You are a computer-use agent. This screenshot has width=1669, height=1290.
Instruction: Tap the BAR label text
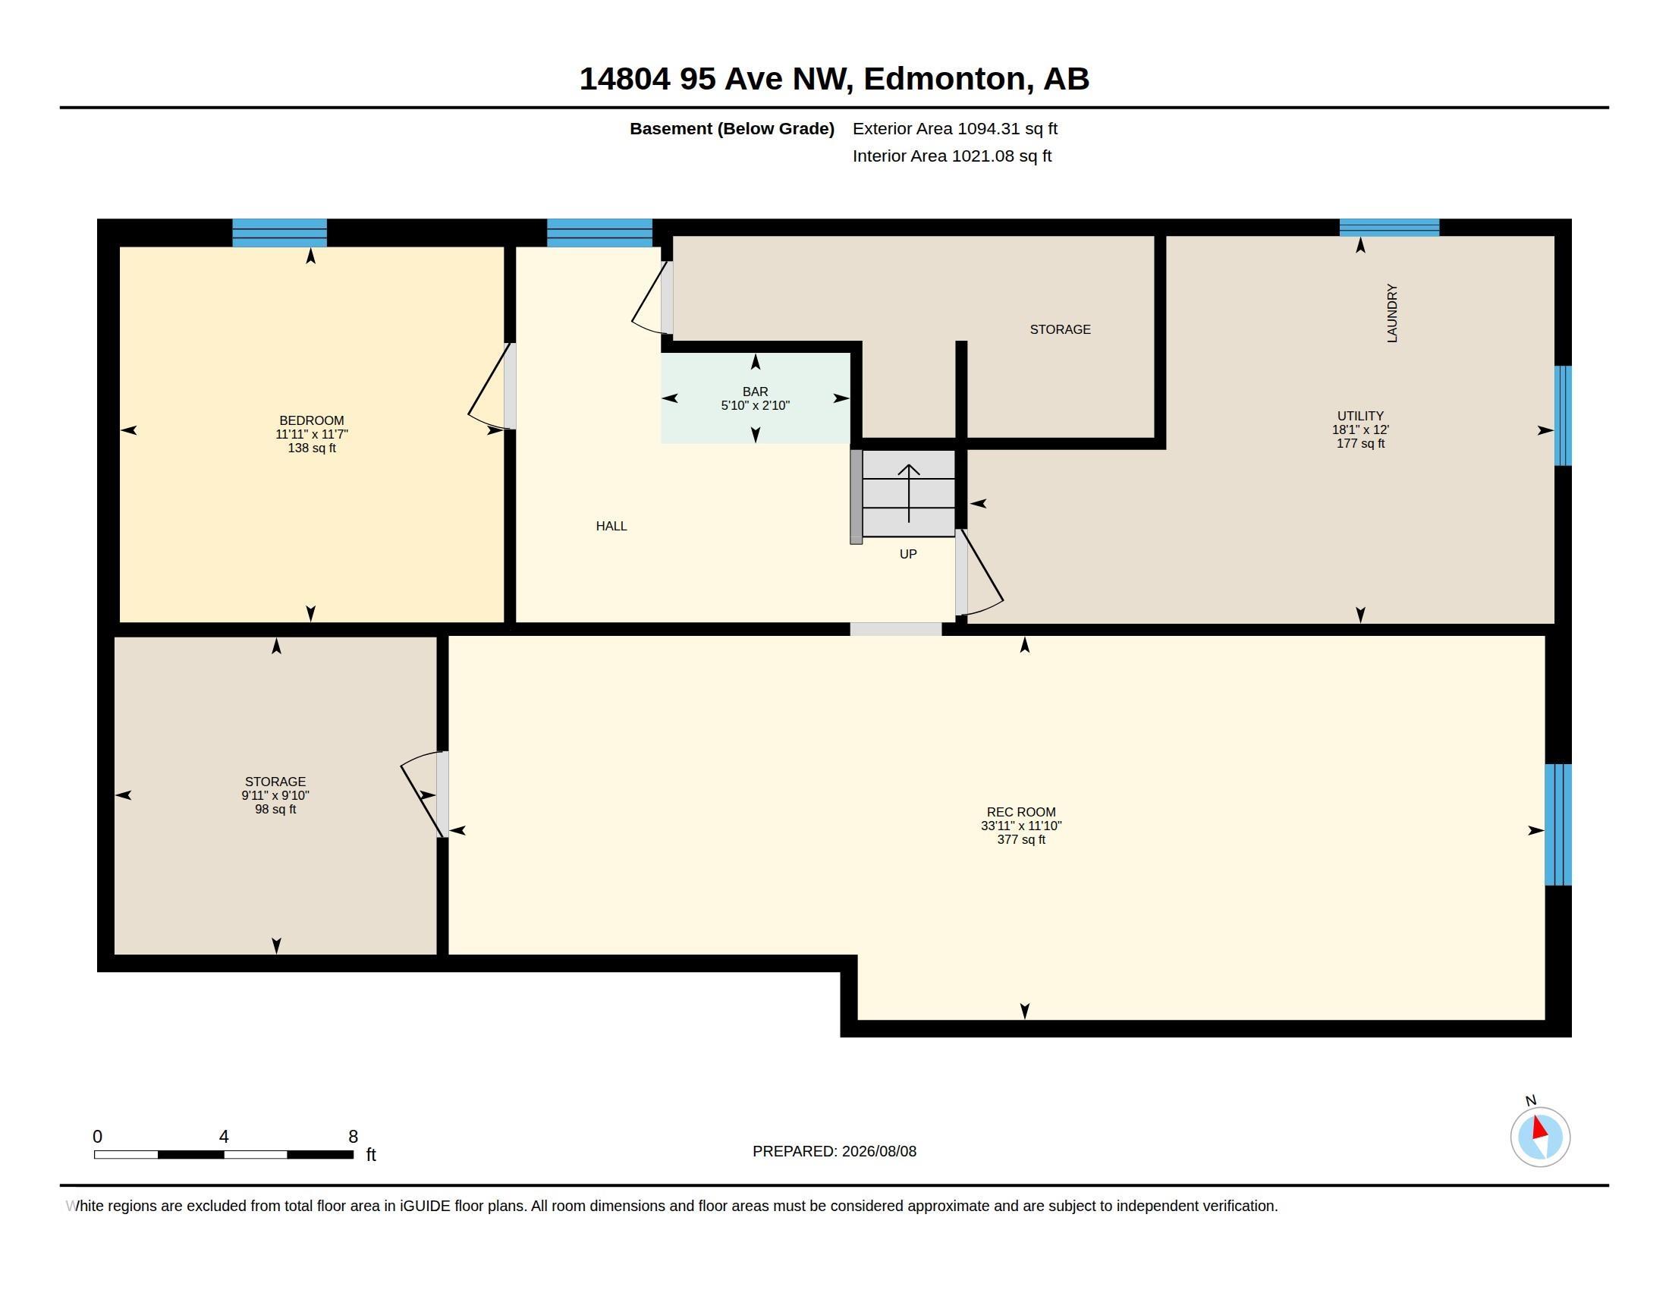click(755, 392)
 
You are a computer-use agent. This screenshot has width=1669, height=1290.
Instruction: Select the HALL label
click(611, 526)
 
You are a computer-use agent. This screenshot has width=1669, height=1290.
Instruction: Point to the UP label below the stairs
click(908, 554)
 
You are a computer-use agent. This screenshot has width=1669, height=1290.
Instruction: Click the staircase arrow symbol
click(909, 493)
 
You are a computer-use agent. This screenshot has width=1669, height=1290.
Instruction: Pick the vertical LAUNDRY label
click(1391, 313)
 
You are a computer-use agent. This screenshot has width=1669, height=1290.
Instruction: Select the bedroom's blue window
click(280, 233)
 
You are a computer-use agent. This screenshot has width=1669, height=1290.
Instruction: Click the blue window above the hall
click(600, 233)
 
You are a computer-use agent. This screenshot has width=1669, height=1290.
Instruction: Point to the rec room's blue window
click(1557, 825)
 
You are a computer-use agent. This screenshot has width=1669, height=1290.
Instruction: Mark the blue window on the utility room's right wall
click(1563, 416)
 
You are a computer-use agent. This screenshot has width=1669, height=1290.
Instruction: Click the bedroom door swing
click(489, 387)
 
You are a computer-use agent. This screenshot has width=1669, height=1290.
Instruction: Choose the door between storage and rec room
click(423, 794)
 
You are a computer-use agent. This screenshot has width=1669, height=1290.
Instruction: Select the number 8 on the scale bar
click(353, 1137)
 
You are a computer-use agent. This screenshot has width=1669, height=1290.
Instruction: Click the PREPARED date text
click(834, 1151)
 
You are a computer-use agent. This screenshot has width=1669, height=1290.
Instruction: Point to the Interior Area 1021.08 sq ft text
click(952, 156)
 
